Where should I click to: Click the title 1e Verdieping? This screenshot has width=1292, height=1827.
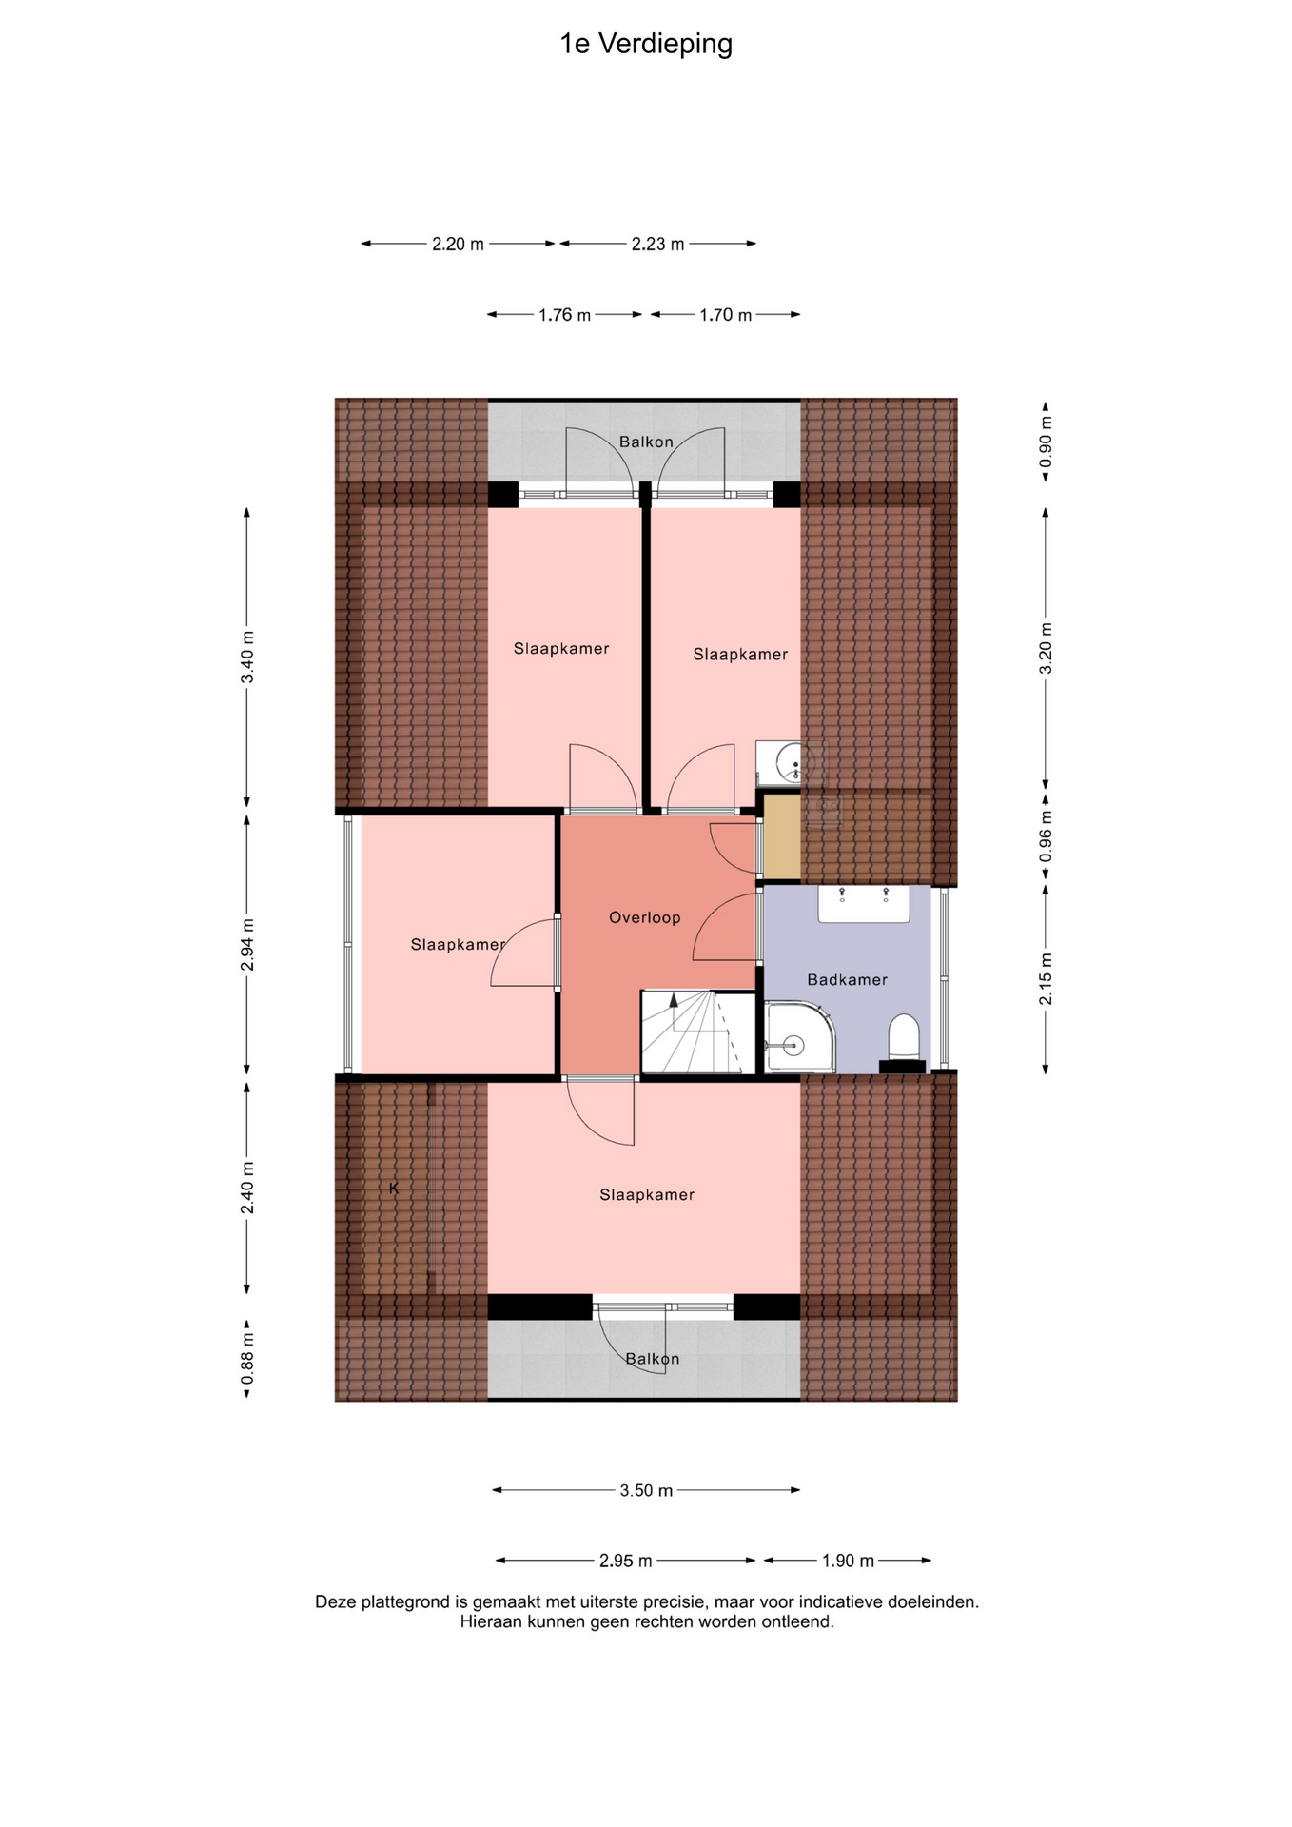click(646, 45)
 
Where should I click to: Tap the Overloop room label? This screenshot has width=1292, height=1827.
click(645, 917)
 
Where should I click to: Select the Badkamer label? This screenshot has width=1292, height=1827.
click(847, 979)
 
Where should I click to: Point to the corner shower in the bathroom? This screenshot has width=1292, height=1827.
click(799, 1037)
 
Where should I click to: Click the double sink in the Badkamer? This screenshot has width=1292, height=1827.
click(864, 904)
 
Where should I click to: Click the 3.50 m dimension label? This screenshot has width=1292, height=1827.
click(646, 1490)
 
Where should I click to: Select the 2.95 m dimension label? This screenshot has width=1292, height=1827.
click(626, 1561)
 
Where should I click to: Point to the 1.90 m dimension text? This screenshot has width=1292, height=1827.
click(848, 1561)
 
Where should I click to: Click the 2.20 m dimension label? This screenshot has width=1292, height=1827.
click(458, 244)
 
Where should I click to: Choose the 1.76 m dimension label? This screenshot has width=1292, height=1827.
click(564, 314)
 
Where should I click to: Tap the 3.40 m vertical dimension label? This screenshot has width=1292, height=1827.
click(247, 657)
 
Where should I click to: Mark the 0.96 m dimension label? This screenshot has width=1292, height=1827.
click(1046, 836)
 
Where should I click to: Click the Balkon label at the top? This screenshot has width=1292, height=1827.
click(646, 442)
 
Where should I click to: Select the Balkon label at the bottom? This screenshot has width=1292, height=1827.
click(653, 1359)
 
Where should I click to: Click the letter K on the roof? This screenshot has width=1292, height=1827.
click(394, 1189)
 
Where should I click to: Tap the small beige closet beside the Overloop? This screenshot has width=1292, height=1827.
click(782, 835)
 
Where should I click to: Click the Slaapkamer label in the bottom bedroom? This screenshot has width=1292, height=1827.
click(647, 1194)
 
